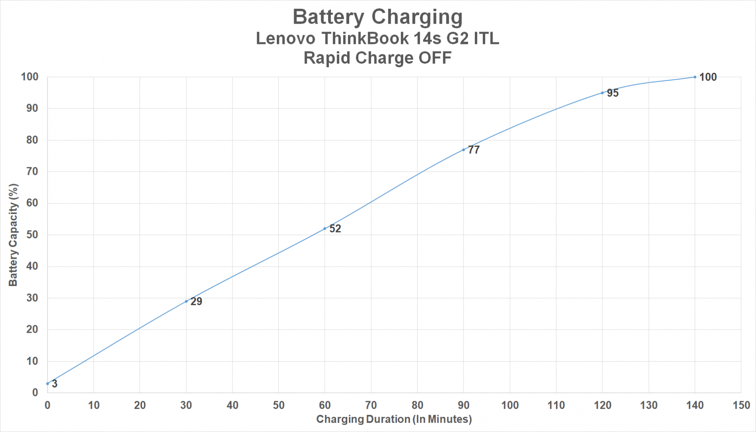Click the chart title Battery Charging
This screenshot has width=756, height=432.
378,17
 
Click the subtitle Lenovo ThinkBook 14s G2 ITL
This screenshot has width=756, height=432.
378,38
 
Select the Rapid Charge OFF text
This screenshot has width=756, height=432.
378,58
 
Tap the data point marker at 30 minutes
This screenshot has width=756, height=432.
186,301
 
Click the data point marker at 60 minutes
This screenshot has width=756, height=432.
325,228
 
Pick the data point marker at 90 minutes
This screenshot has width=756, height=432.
464,150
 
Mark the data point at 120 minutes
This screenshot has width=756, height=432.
602,93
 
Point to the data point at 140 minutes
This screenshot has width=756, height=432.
695,77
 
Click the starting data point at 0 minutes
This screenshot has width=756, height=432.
48,384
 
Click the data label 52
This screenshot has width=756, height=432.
335,229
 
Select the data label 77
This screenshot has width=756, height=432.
474,150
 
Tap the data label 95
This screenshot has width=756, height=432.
612,93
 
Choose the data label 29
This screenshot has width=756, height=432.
196,302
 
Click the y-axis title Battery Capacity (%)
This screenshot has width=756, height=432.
13,235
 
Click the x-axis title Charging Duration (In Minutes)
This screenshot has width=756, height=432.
394,419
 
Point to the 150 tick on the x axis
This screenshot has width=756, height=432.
741,405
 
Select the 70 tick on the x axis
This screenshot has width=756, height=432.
371,405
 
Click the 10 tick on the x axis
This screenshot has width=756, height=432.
94,405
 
